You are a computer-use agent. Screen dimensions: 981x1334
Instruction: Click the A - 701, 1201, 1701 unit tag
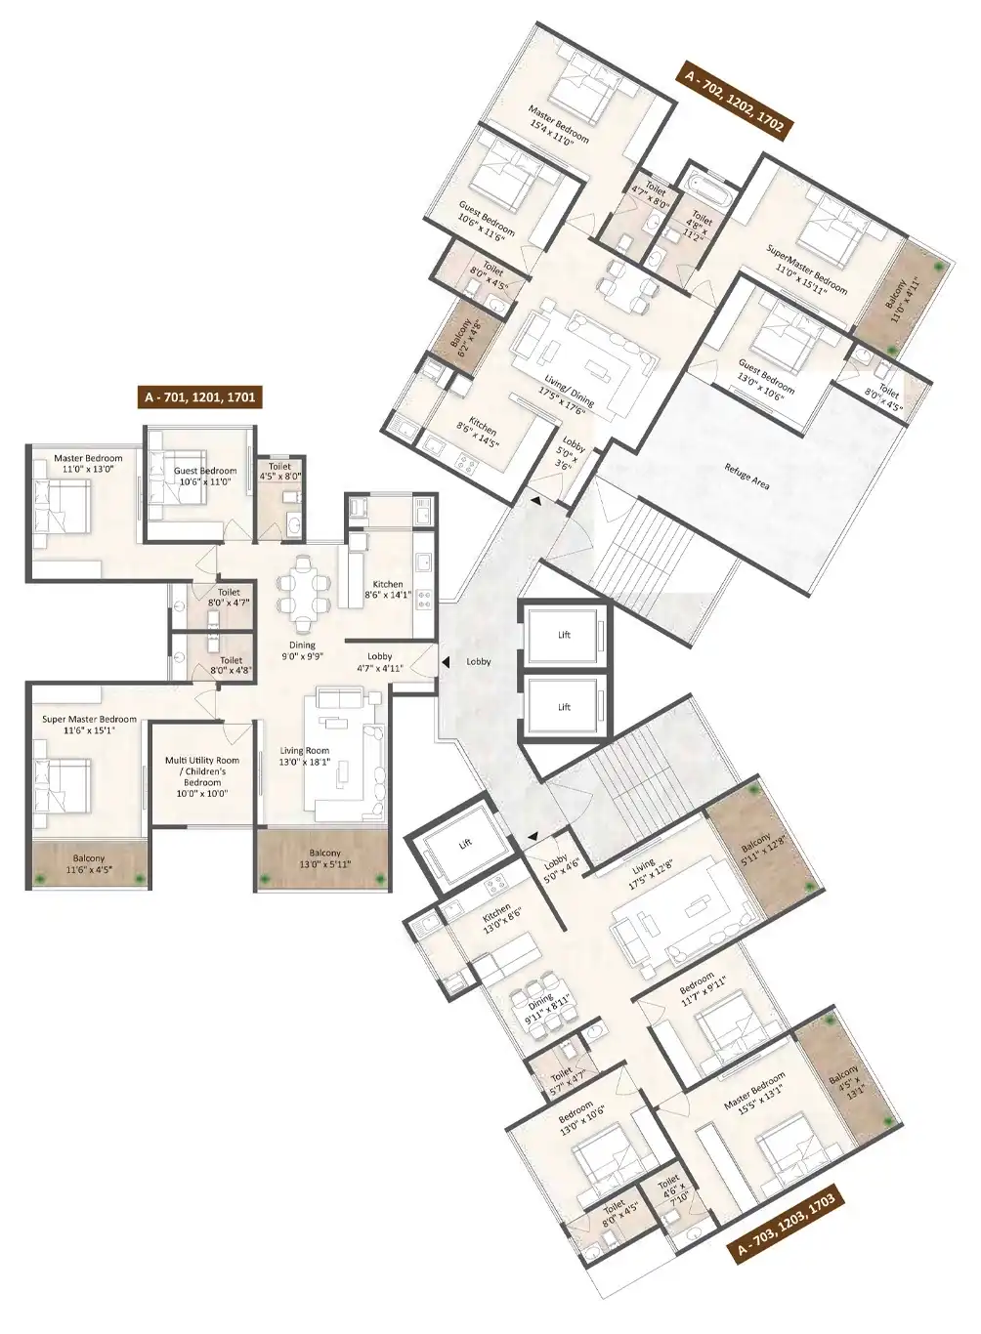click(199, 396)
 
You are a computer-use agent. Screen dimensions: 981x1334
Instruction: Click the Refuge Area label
click(746, 477)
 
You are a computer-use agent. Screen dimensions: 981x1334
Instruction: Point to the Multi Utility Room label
click(202, 761)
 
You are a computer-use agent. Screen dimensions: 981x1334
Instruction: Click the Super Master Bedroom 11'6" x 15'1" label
click(89, 725)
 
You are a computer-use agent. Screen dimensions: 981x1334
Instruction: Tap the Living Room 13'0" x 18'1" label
click(305, 756)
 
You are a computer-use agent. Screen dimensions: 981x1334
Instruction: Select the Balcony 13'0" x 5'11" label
click(324, 858)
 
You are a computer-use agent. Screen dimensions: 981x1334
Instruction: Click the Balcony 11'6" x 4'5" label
click(89, 863)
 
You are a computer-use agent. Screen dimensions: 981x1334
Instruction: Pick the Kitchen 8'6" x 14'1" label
click(388, 589)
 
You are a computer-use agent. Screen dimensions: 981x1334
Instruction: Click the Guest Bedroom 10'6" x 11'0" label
click(205, 476)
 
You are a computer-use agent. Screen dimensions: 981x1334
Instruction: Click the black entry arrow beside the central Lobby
click(445, 661)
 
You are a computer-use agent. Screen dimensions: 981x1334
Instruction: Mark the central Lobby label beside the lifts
click(479, 661)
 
